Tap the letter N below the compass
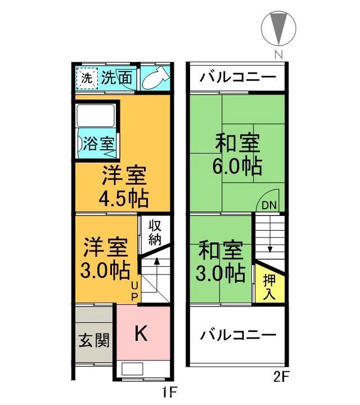click(x=277, y=55)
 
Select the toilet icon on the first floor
click(x=154, y=79)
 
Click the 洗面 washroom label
click(x=117, y=79)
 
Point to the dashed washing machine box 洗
click(x=87, y=79)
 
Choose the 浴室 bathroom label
click(x=98, y=143)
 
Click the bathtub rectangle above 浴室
click(x=96, y=116)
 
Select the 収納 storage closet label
click(x=155, y=231)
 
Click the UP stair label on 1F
click(x=134, y=291)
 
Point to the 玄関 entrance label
click(x=94, y=340)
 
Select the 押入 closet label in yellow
click(x=269, y=286)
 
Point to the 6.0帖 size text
click(x=236, y=166)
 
